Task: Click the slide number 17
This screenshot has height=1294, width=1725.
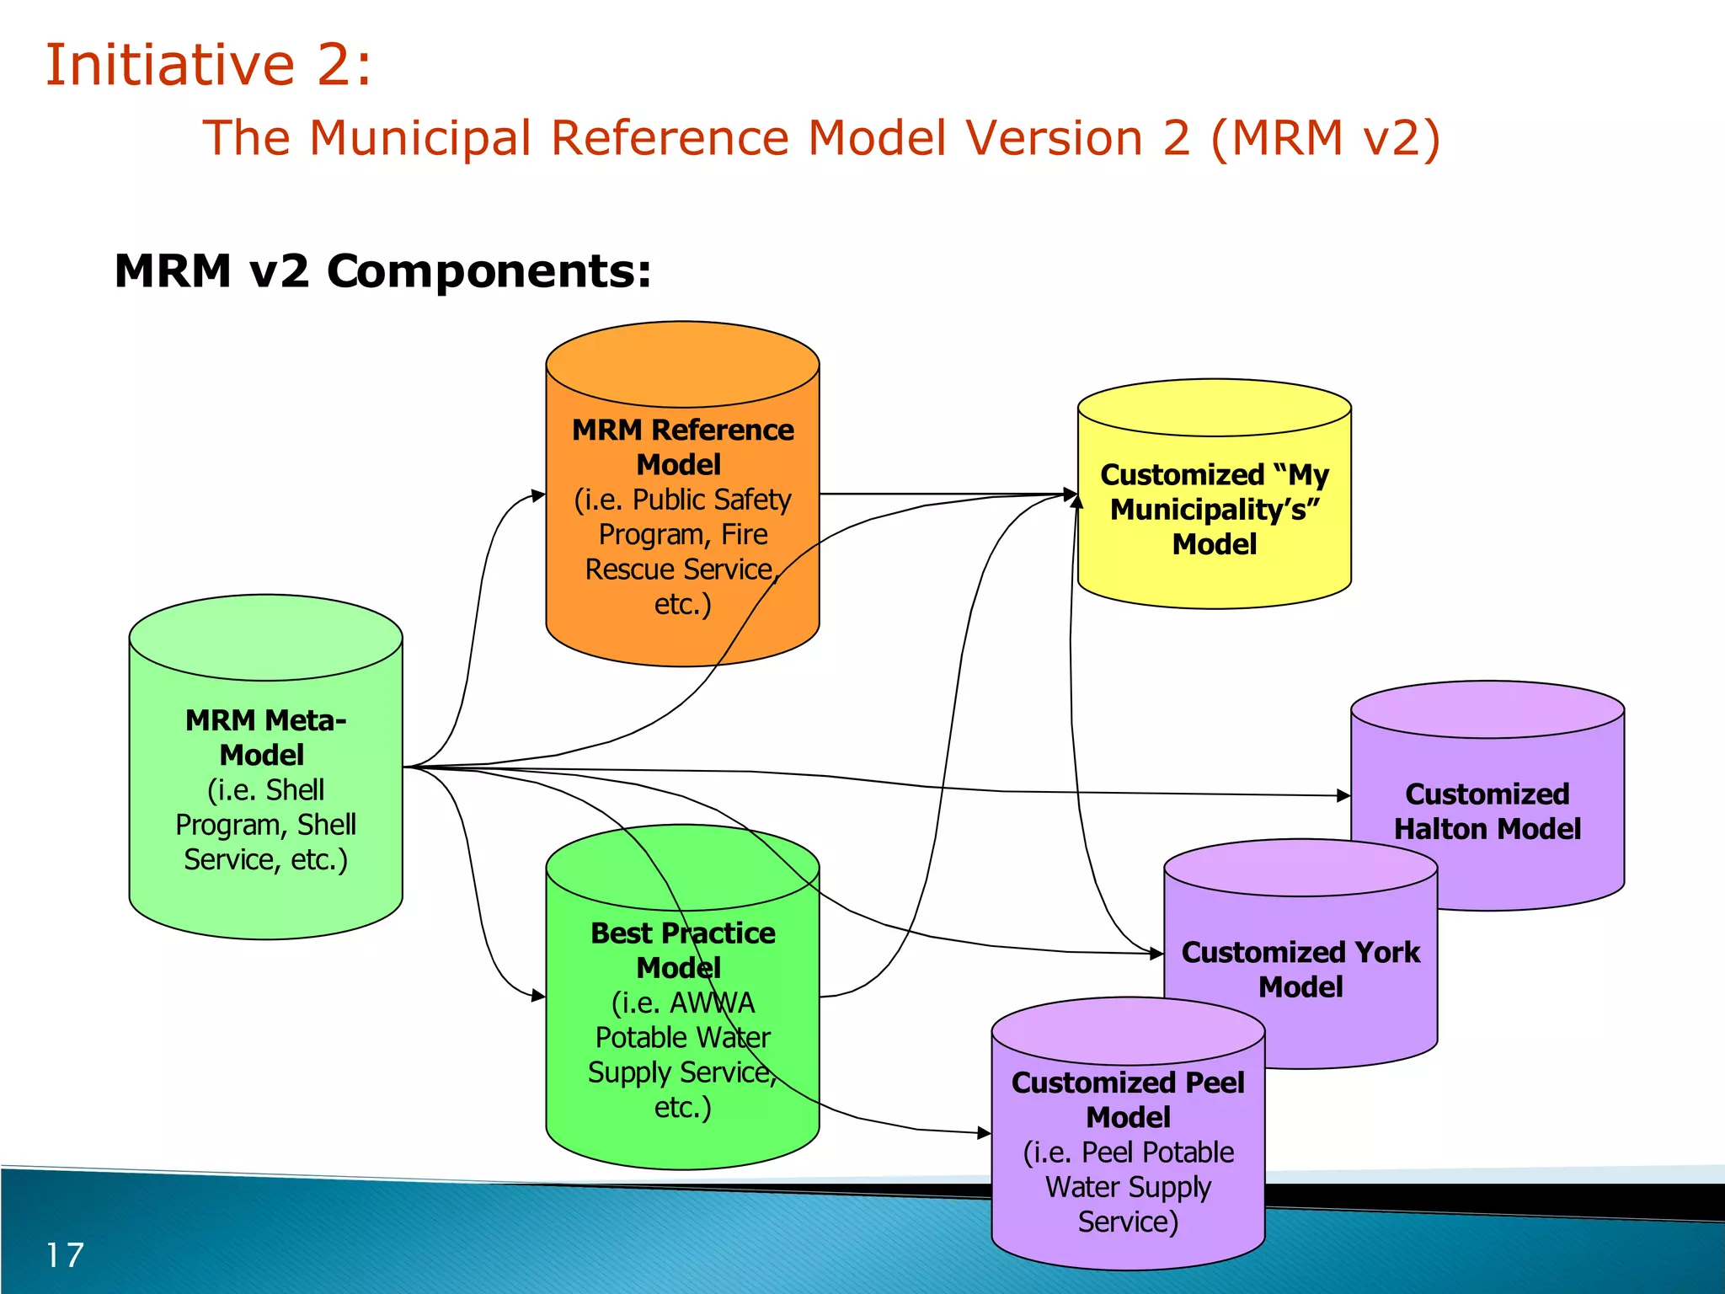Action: [64, 1255]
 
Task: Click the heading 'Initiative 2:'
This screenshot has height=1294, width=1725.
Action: [207, 65]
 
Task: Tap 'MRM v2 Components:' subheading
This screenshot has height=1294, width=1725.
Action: [382, 271]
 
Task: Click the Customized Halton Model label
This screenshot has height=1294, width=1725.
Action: [1487, 811]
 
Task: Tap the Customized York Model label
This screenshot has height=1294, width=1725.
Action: [1300, 969]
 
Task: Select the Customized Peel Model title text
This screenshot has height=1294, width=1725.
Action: [1128, 1099]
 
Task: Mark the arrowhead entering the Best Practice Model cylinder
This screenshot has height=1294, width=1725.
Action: [538, 996]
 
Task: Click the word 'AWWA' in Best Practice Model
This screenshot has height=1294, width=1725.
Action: [712, 1003]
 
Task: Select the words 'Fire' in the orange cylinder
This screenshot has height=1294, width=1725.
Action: [745, 534]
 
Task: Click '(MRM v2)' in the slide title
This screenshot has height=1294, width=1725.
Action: [1326, 138]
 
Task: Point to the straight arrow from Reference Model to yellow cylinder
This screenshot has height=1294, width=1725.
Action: [943, 494]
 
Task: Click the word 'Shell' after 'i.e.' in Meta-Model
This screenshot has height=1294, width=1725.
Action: [295, 789]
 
